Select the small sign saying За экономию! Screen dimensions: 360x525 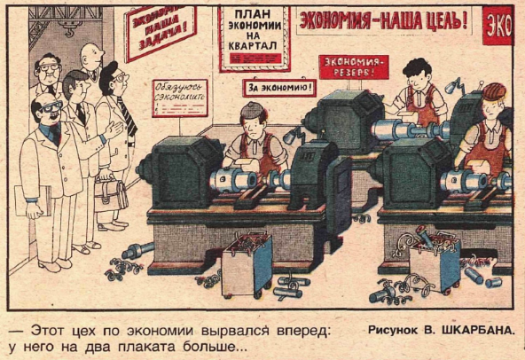click(x=279, y=87)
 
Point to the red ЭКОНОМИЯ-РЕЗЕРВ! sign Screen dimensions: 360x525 click(x=353, y=65)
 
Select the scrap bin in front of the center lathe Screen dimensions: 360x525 click(x=246, y=263)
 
